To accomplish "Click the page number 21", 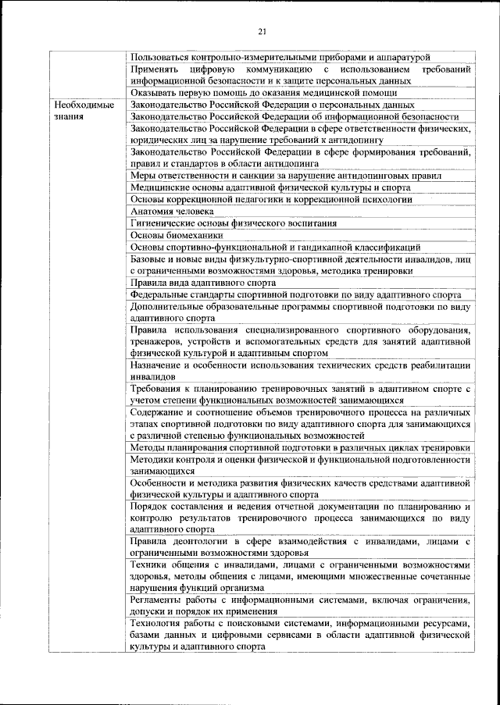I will click(x=262, y=30).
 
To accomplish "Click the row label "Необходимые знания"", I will click(x=80, y=110).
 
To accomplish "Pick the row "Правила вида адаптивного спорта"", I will click(x=203, y=283).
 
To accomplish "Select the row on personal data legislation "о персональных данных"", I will click(x=273, y=105).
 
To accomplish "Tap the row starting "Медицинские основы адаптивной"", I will click(x=270, y=187).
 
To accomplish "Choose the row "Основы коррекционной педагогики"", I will click(x=270, y=199).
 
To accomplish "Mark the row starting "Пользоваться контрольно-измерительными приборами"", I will click(x=280, y=57).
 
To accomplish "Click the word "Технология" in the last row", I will click(x=157, y=625).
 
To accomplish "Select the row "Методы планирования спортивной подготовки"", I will click(x=301, y=448).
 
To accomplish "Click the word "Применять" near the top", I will click(x=156, y=69).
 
